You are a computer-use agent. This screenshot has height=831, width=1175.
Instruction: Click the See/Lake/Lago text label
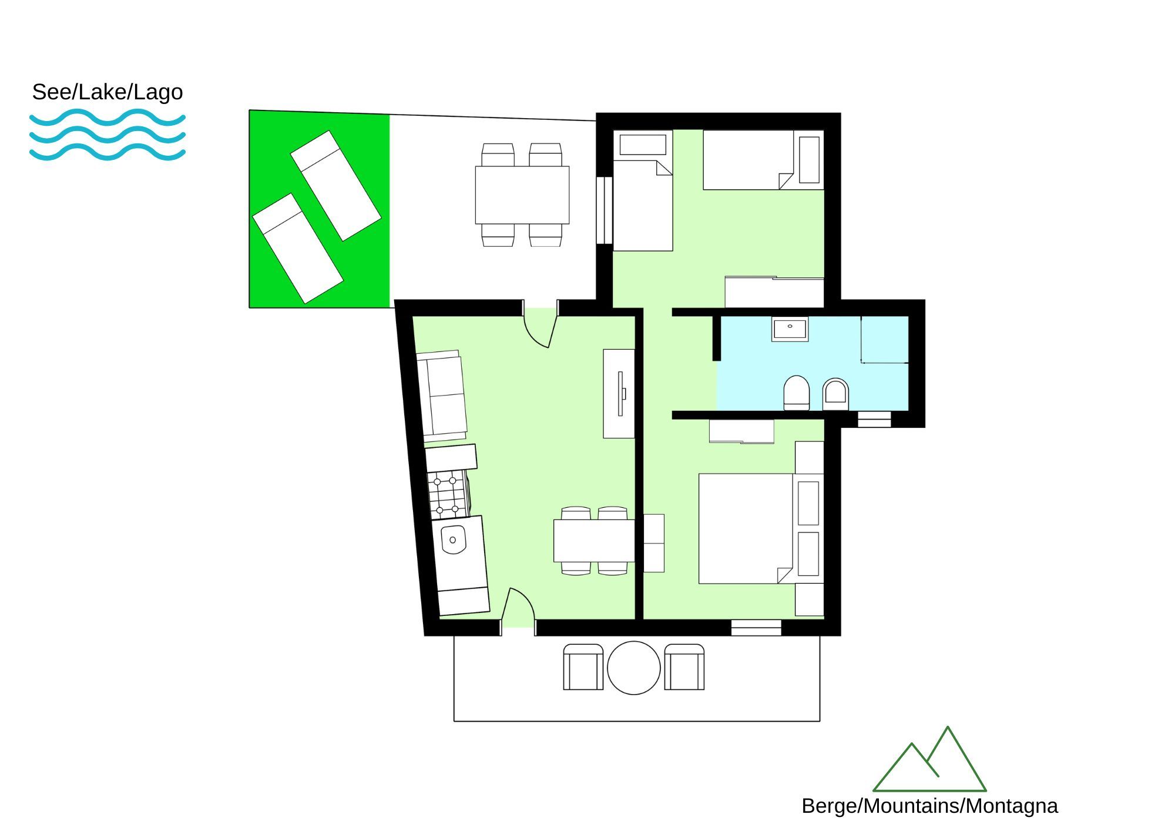(108, 92)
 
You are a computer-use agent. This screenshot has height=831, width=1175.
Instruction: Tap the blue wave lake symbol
(108, 135)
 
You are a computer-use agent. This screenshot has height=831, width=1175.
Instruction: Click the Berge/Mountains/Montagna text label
(929, 806)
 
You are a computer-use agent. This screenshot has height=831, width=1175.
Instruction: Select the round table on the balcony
(633, 668)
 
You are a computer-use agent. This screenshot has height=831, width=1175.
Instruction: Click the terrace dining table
(522, 195)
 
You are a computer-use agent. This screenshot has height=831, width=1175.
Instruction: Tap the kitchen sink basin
(454, 540)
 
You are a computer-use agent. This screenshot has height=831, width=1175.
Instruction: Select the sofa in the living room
(441, 396)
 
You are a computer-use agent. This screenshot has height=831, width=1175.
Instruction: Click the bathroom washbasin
(790, 329)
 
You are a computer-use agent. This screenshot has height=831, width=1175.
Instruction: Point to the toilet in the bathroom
(797, 393)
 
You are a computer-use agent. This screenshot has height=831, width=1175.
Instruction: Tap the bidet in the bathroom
(835, 394)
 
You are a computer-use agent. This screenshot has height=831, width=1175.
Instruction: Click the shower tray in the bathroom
(885, 340)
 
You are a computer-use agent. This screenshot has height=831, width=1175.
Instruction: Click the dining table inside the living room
(594, 541)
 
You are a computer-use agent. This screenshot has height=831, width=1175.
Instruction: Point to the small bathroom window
(874, 420)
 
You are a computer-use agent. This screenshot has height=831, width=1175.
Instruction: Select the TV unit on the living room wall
(619, 394)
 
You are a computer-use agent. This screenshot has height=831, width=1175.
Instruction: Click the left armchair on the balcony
(583, 667)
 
